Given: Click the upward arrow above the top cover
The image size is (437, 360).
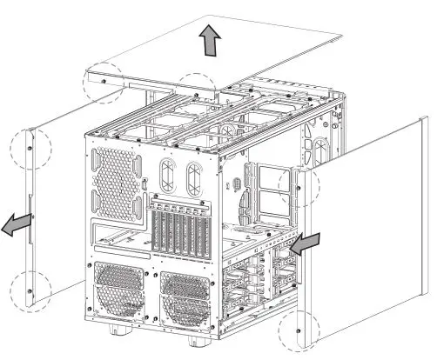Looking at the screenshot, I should (209, 40).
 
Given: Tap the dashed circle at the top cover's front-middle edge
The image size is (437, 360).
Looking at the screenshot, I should (198, 90).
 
